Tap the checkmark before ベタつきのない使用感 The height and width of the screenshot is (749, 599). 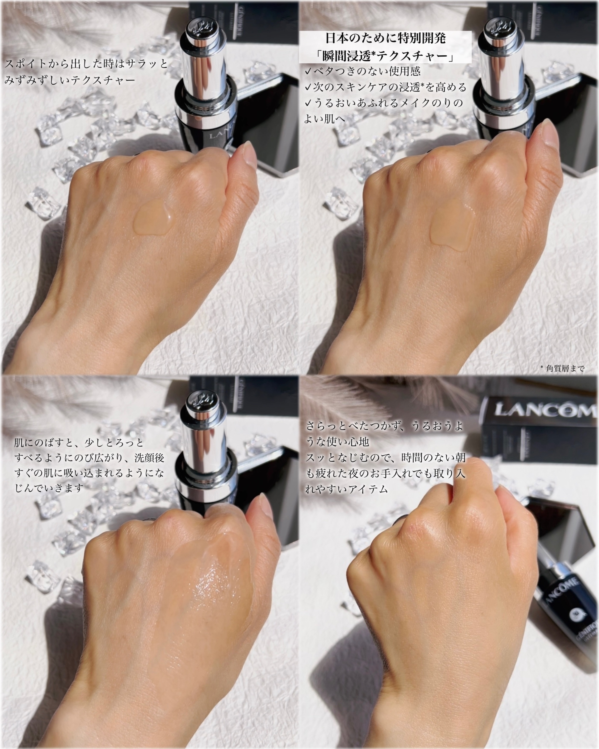point(308,72)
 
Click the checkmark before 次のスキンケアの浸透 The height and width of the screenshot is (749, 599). point(308,88)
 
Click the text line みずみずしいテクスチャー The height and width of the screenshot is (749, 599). point(70,81)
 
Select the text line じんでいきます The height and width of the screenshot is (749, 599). point(49,488)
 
